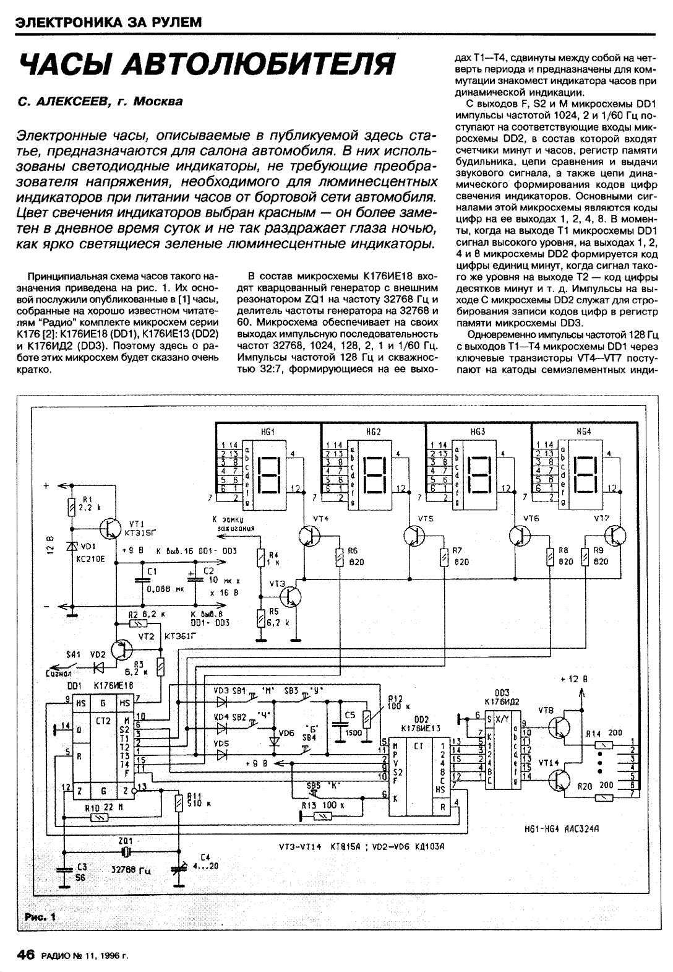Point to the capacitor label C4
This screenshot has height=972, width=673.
click(x=205, y=857)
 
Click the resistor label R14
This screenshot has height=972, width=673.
click(x=593, y=732)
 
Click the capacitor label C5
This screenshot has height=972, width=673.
click(x=349, y=715)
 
